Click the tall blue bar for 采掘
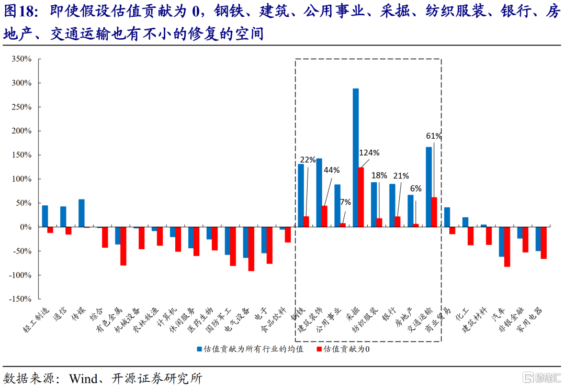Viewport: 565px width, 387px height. click(x=356, y=158)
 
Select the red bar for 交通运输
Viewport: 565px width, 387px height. click(x=434, y=212)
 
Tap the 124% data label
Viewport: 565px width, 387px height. click(x=369, y=153)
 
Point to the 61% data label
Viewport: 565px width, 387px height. click(x=434, y=136)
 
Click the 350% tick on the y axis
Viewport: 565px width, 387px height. click(x=21, y=59)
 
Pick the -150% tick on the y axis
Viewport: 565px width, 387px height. click(x=20, y=299)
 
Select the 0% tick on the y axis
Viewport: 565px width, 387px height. click(x=25, y=227)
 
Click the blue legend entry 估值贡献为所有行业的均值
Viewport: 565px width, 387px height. click(x=250, y=349)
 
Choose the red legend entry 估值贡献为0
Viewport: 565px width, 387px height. click(x=346, y=349)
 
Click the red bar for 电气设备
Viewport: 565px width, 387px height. click(x=251, y=249)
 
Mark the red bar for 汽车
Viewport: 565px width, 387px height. click(x=507, y=247)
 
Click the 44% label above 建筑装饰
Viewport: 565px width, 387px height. click(x=332, y=170)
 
